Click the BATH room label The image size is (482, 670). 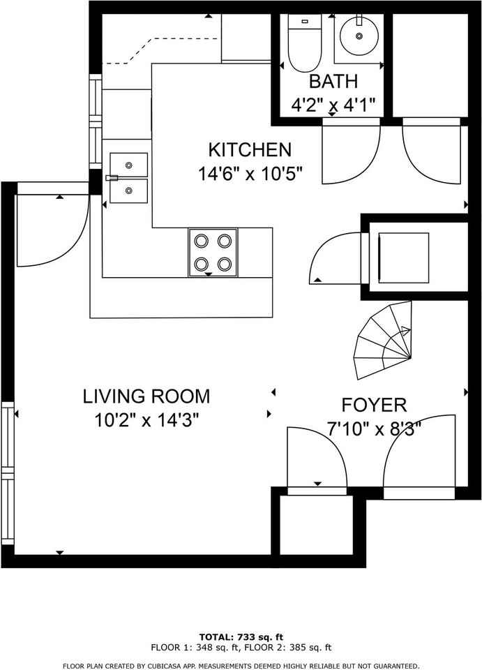point(333,81)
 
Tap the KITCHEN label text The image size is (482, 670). point(250,149)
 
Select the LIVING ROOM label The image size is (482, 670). point(146,396)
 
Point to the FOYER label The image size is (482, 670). point(374,405)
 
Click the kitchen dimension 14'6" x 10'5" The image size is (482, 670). point(250,174)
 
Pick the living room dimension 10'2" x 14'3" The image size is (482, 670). point(147,420)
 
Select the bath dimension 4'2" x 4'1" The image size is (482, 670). point(333,104)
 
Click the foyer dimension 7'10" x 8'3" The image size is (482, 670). point(375,428)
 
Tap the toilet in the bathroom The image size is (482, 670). point(304,43)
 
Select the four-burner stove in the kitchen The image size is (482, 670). point(213,252)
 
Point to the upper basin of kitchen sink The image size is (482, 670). point(128,165)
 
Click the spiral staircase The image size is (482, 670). point(384,340)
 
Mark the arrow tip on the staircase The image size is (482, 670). point(410,329)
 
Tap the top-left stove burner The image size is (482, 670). point(201,241)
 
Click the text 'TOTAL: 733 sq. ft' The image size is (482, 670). point(241,637)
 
